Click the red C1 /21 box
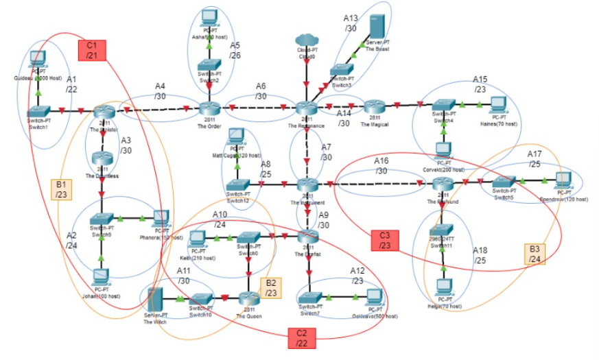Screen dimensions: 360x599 (x=91, y=49)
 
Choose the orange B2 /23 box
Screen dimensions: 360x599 (x=271, y=287)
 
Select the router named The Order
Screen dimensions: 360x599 (x=208, y=109)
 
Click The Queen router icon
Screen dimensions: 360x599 (x=248, y=298)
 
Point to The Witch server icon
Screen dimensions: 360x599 (x=154, y=300)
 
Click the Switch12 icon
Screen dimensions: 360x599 (x=238, y=185)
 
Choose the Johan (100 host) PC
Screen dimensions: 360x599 (x=101, y=278)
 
